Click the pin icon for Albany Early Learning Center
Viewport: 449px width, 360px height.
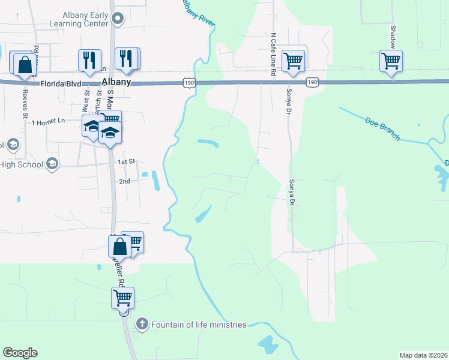point(118,19)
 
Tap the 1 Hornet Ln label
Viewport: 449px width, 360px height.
point(49,122)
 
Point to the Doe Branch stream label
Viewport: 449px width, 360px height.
point(382,129)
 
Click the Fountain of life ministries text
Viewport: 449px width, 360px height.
point(199,325)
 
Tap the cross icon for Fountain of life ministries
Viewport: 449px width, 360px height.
point(142,324)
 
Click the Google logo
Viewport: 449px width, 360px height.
point(20,352)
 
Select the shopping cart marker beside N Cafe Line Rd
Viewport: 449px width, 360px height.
point(293,61)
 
